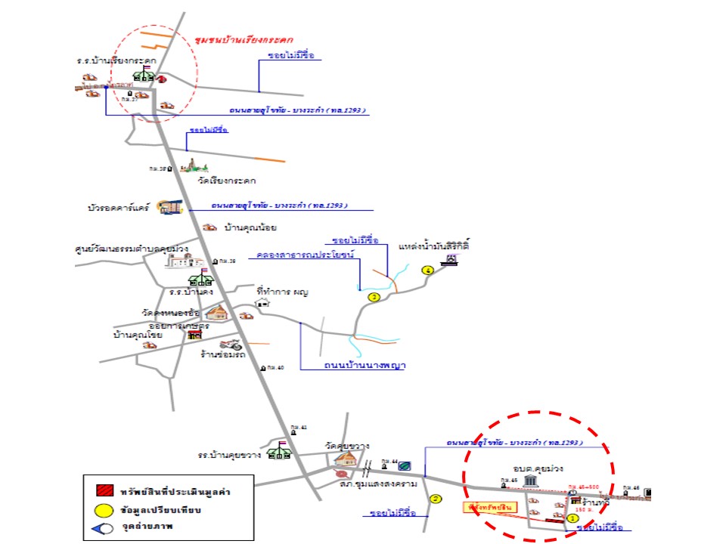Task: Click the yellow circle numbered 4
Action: coord(428,270)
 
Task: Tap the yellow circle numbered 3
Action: coord(374,297)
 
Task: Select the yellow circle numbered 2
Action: coord(435,499)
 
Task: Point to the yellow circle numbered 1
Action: coord(572,519)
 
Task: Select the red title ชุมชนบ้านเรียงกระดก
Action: coord(243,39)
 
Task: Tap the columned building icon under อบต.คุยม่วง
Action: coord(530,481)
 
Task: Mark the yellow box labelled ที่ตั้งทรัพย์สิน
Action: coord(486,508)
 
